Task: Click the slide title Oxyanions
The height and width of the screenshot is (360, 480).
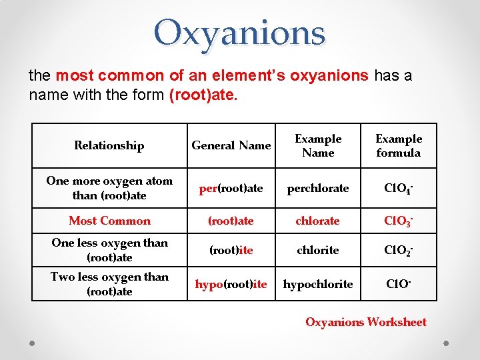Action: coord(239,33)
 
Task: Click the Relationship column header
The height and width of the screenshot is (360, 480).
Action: coord(109,145)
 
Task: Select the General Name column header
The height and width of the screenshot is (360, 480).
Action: coord(231,145)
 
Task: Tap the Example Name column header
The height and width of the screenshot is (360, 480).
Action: coord(318,145)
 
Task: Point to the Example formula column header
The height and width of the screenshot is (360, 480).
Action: coord(399,145)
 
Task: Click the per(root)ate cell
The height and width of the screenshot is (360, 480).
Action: coord(231,188)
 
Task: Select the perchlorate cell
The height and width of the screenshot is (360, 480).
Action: coord(318,188)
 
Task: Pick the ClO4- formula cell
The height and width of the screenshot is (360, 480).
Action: coord(399,188)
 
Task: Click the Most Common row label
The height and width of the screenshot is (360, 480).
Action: coord(109,221)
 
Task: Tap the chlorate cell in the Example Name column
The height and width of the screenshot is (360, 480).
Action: coord(318,221)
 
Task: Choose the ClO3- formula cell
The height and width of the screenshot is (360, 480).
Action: coord(399,221)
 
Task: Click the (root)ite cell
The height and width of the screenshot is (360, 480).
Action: coord(231,250)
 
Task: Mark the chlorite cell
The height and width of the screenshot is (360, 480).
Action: coord(318,250)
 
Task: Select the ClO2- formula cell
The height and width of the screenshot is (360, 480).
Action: coord(399,250)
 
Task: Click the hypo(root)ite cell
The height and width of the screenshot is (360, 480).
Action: coord(231,285)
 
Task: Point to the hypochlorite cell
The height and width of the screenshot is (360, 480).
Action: coord(318,285)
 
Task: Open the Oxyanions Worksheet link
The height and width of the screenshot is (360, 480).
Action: coord(365,322)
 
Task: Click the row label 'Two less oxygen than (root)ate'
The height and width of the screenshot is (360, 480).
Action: coord(109,284)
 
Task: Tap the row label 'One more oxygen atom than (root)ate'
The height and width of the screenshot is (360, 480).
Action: coord(109,188)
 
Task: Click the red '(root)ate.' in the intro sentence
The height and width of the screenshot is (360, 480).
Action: coord(203,95)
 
